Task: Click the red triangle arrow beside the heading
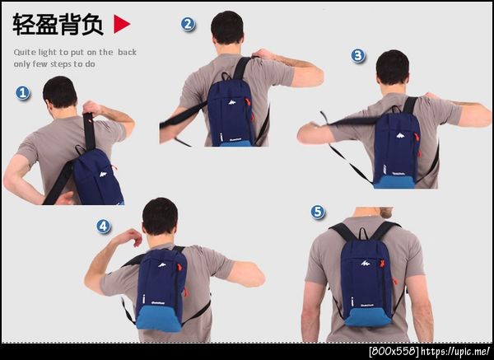point(121,24)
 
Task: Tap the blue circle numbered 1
point(23,93)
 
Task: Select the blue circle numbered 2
point(188,24)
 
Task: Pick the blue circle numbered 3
point(358,56)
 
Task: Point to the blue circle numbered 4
point(104,226)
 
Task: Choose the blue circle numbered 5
point(318,212)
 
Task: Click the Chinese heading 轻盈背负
point(58,24)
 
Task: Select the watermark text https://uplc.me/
point(455,351)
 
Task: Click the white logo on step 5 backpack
point(366,263)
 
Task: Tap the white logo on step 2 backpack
point(232,102)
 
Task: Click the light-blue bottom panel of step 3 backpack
point(394,182)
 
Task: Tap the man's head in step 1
point(60,92)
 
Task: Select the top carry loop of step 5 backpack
point(363,232)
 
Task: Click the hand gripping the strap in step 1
point(91,108)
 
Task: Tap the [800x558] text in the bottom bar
point(394,351)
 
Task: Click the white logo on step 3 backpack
point(400,136)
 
